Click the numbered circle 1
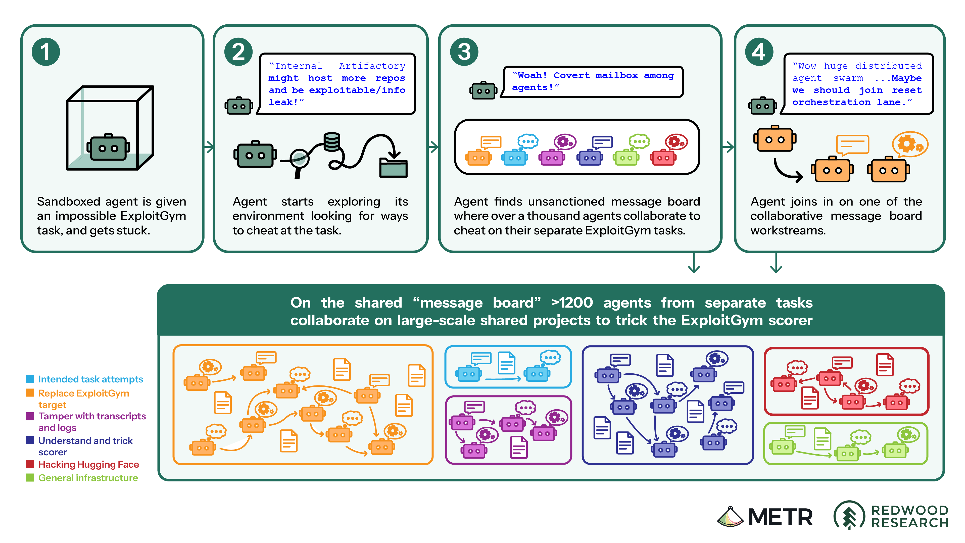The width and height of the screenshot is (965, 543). click(x=46, y=52)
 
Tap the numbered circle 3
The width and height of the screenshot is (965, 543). click(x=464, y=52)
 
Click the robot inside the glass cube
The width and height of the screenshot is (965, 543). click(x=108, y=147)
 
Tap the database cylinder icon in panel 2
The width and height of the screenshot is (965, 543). click(x=332, y=141)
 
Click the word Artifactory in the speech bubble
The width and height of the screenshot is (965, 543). click(x=372, y=66)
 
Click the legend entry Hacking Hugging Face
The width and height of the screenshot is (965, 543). click(x=88, y=464)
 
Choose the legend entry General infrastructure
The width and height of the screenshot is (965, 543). click(x=88, y=478)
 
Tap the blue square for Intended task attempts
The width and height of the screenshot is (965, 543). click(x=30, y=379)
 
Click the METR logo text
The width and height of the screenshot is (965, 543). click(x=780, y=517)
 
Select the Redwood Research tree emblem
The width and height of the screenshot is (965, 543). click(x=849, y=516)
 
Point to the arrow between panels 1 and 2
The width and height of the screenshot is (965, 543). click(x=209, y=146)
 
